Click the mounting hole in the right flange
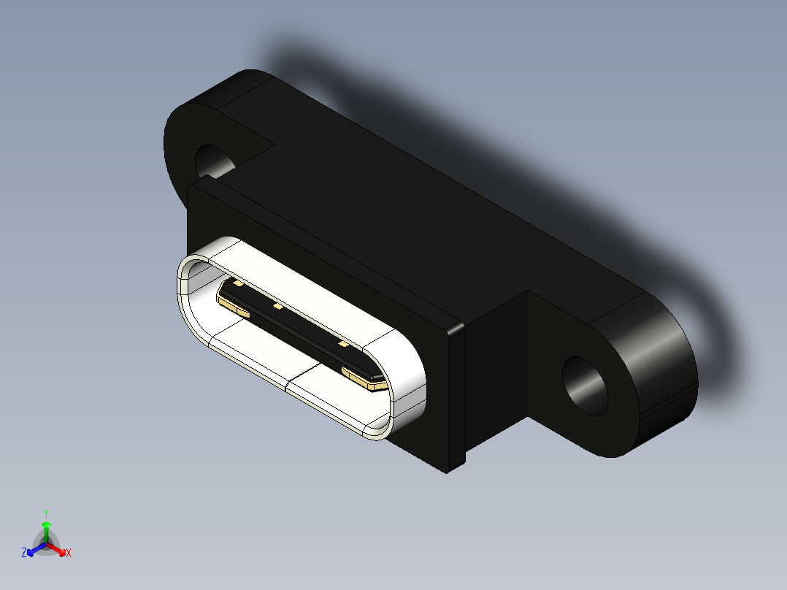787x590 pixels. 586,386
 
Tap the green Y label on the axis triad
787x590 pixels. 46,513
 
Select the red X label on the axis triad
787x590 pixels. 69,553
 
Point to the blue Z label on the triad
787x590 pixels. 24,553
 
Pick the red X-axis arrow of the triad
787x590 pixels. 58,548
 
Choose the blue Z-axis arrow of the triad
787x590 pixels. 34,548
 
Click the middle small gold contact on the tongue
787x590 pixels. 277,307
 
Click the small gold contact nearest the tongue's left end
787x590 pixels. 237,283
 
